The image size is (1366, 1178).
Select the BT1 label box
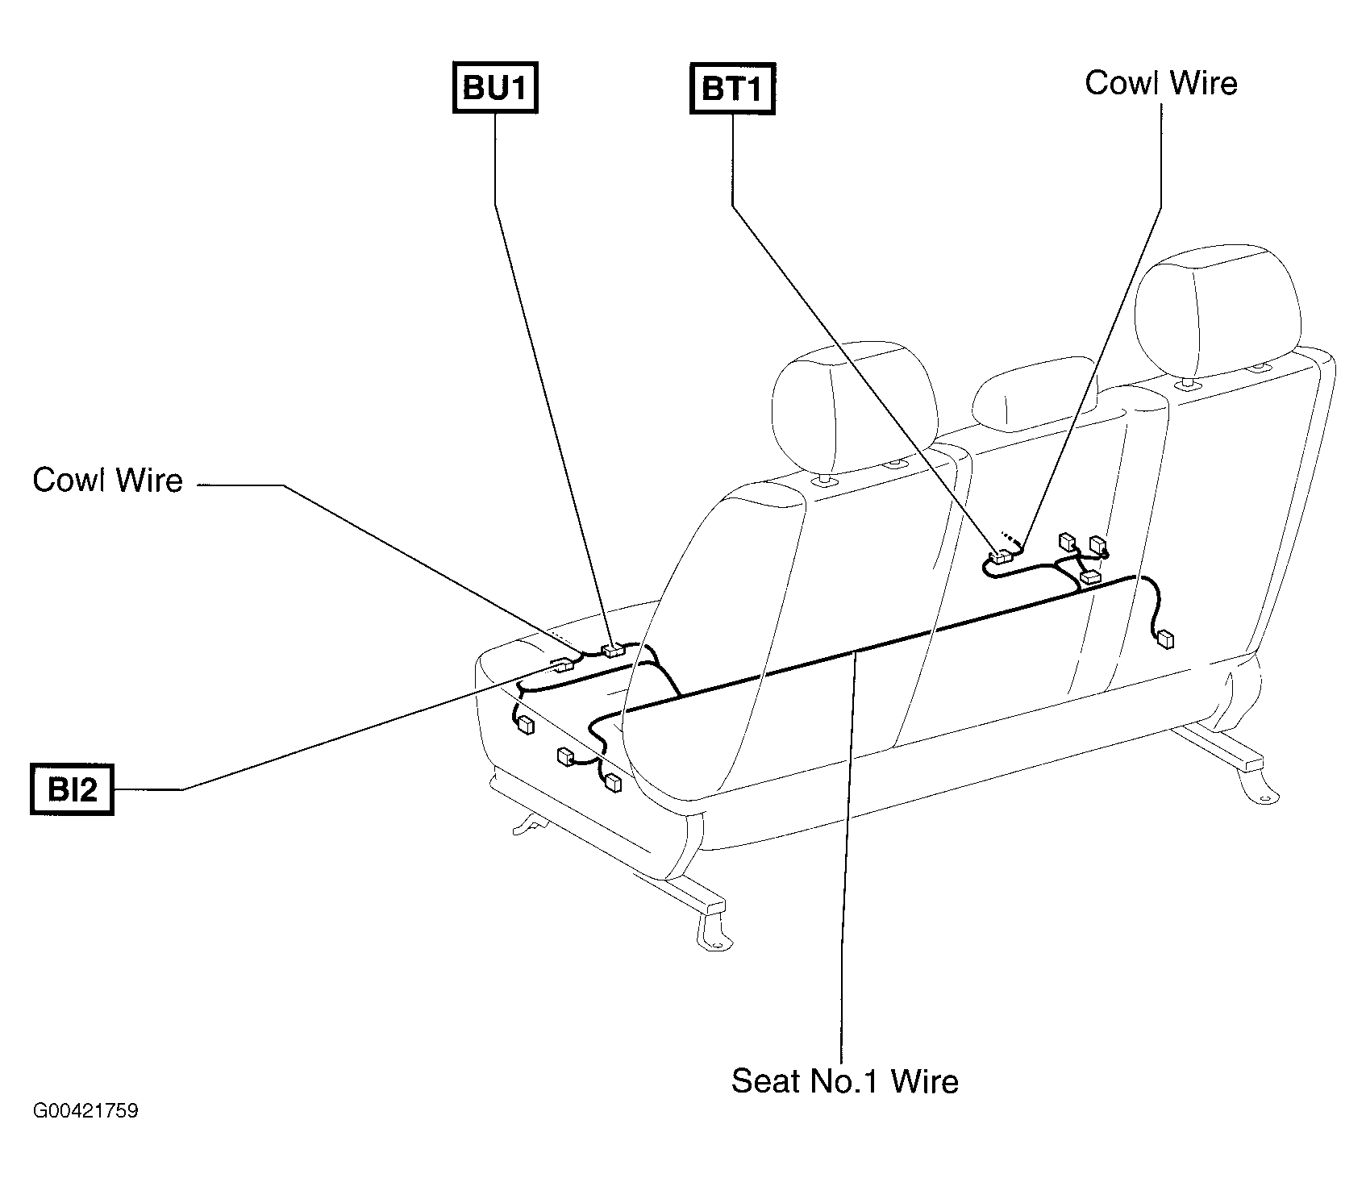[x=732, y=88]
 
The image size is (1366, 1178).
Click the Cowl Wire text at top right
[x=1161, y=83]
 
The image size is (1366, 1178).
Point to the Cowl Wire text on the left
[x=108, y=481]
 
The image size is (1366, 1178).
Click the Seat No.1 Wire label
[x=844, y=1080]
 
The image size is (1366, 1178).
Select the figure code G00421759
[x=85, y=1111]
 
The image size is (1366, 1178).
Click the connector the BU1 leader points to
[x=614, y=649]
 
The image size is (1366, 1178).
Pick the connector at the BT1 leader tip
[x=1002, y=556]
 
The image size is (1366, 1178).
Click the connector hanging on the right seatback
[x=1164, y=640]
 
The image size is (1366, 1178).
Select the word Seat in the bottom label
[x=765, y=1080]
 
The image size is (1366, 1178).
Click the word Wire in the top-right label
[x=1201, y=83]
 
